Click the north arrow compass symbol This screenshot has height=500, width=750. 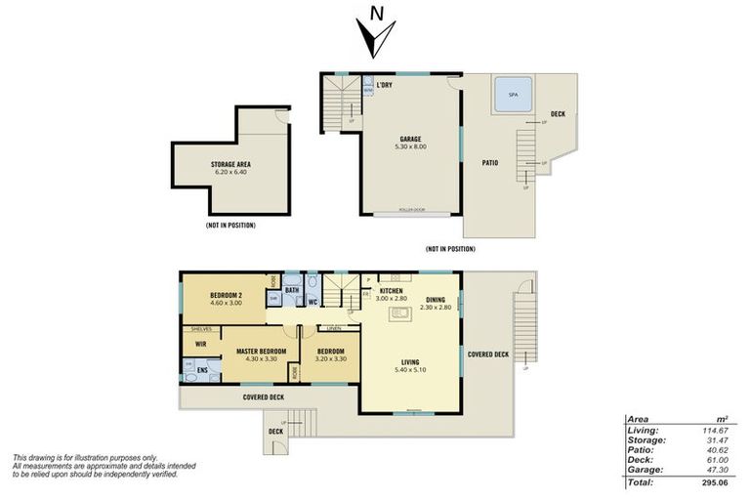click(375, 33)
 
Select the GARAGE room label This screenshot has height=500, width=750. click(409, 139)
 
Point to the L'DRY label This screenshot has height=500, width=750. click(384, 85)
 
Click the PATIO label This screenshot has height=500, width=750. click(490, 162)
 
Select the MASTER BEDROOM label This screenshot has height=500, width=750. click(261, 351)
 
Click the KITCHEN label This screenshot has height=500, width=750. click(392, 290)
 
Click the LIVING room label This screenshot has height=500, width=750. click(409, 360)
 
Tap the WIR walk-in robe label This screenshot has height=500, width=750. click(201, 344)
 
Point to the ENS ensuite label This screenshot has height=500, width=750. click(202, 370)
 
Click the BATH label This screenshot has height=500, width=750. click(292, 290)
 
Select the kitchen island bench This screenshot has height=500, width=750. click(398, 313)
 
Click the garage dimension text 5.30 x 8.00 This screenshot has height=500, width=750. click(409, 146)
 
